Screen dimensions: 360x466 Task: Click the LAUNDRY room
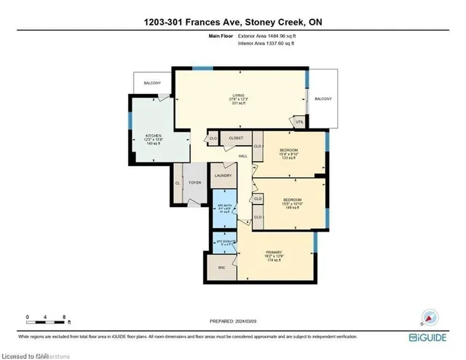[222, 176]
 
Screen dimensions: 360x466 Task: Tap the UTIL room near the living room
[299, 122]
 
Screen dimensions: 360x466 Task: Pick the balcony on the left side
[152, 83]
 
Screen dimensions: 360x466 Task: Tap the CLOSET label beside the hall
[236, 138]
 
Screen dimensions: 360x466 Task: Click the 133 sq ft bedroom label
[288, 153]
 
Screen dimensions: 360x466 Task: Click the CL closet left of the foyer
[178, 183]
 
